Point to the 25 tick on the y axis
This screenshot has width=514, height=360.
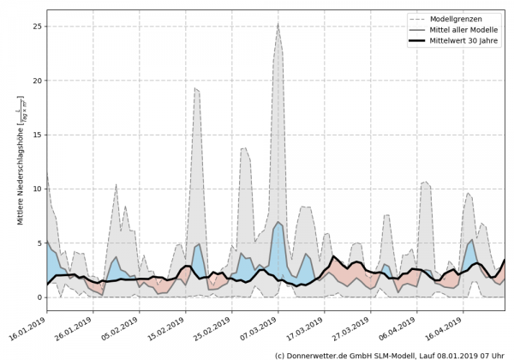click(35, 27)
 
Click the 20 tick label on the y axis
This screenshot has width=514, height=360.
click(35, 81)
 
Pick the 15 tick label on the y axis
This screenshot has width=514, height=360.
click(35, 135)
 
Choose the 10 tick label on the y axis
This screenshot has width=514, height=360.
click(35, 189)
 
